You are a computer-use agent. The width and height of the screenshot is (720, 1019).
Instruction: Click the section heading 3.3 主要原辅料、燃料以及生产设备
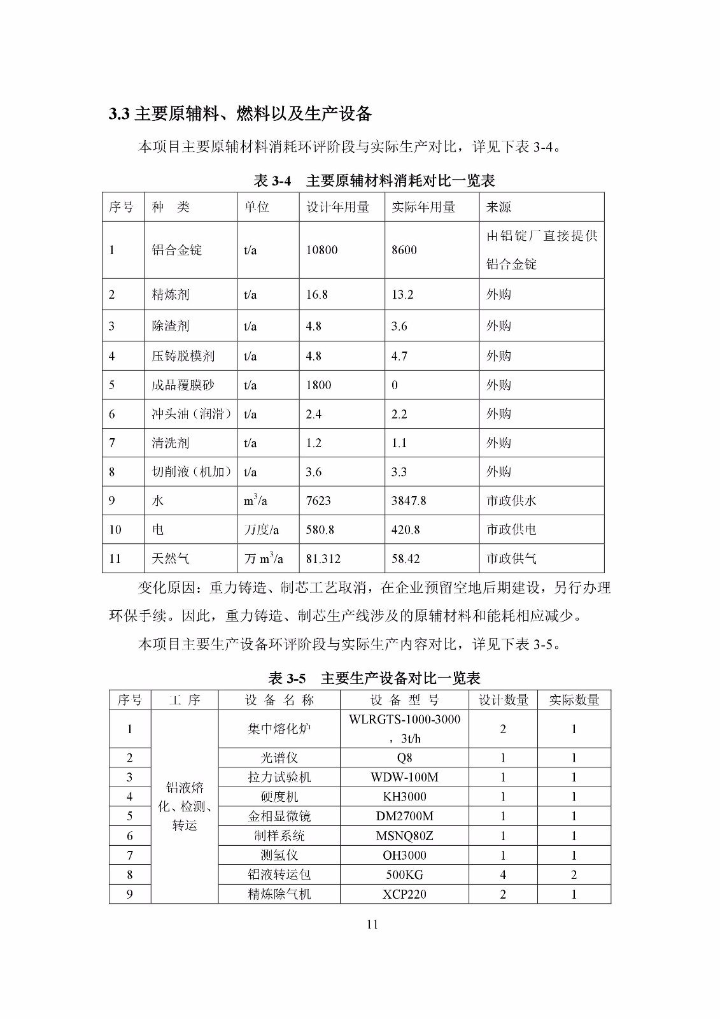[240, 114]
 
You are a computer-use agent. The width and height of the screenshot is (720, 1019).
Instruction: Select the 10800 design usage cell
[321, 250]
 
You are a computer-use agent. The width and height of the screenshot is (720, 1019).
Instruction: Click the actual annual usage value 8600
[404, 250]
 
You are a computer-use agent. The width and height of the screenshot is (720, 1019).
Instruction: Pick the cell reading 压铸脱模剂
[183, 356]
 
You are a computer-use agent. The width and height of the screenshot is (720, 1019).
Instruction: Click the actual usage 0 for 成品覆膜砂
[395, 385]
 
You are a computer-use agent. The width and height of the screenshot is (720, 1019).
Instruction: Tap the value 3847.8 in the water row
[409, 501]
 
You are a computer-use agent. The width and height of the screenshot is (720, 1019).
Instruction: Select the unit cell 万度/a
[261, 530]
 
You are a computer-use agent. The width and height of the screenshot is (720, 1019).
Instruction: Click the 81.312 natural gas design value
[323, 559]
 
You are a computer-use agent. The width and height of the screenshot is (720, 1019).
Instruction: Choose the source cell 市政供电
[511, 530]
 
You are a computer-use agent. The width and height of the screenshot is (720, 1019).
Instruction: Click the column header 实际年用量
[423, 208]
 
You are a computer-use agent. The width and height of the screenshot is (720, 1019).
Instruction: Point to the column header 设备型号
[405, 701]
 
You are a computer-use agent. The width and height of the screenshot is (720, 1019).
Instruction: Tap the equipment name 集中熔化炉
[279, 729]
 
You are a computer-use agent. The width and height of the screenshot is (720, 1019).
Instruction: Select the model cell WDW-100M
[404, 778]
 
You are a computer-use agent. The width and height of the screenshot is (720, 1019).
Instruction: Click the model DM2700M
[404, 816]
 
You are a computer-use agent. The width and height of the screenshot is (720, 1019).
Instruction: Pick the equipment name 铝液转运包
[279, 875]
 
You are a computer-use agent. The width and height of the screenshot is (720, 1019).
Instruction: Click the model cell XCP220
[404, 894]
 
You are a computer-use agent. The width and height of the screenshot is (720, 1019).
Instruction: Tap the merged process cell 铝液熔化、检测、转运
[185, 806]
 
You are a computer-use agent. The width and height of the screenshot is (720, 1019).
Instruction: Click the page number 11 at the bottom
[372, 925]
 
